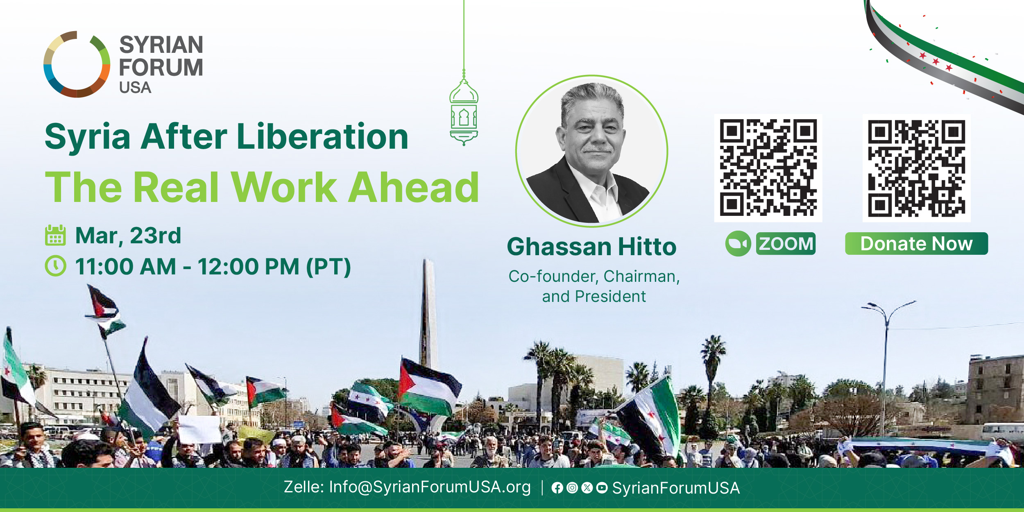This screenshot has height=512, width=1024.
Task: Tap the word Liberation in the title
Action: tap(322, 136)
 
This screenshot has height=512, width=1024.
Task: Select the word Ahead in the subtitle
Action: tap(413, 187)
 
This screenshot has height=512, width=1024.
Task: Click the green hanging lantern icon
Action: tap(464, 109)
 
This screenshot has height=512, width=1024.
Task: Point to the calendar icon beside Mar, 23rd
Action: tap(55, 235)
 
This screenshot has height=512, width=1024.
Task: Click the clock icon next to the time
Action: tap(55, 266)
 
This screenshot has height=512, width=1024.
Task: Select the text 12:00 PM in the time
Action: tap(248, 267)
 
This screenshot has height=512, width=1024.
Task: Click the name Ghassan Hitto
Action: tap(591, 247)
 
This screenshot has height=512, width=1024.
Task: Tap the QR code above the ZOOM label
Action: tap(768, 168)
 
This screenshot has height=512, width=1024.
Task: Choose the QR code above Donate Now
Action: tap(917, 168)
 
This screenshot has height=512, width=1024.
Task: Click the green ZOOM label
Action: tap(786, 244)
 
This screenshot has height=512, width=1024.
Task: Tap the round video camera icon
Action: tap(738, 244)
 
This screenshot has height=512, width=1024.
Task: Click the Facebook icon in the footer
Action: tap(557, 487)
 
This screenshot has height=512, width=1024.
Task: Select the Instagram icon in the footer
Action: tap(572, 487)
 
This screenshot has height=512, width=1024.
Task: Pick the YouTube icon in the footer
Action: tap(602, 487)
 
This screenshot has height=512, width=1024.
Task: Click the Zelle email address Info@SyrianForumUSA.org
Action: tap(430, 487)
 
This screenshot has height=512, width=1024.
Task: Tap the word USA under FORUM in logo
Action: tap(135, 88)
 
